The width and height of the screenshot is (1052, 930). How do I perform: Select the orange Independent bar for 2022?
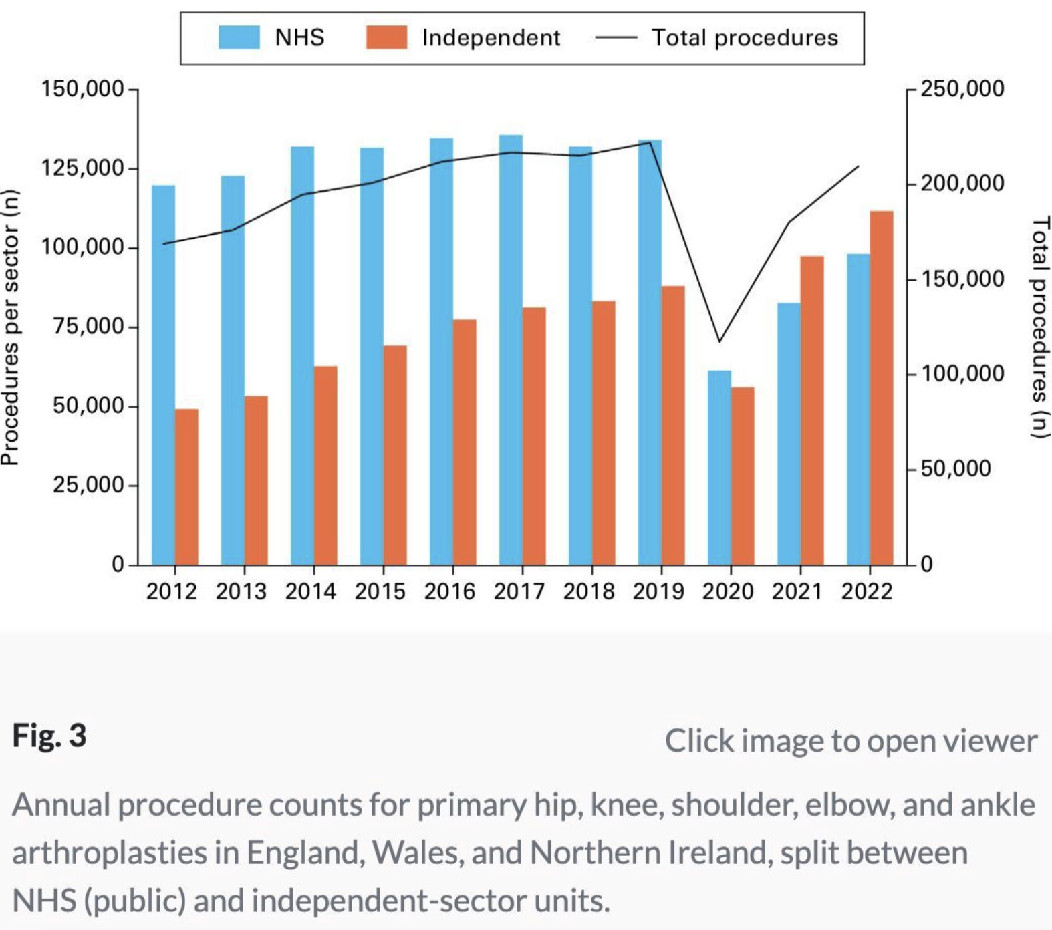point(882,387)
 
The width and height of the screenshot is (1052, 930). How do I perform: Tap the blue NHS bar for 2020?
point(719,468)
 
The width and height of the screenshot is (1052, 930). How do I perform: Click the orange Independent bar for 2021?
point(812,410)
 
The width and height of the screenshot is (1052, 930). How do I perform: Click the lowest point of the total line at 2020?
point(719,342)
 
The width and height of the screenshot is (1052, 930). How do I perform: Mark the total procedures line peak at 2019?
point(650,142)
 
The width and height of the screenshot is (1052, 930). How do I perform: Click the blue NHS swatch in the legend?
point(239,37)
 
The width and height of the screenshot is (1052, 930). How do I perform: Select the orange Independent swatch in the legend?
point(386,37)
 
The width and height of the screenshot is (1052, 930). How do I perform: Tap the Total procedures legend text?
point(745,37)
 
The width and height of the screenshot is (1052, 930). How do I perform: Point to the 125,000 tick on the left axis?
point(83,168)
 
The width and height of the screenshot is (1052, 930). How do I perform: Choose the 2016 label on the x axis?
point(449,591)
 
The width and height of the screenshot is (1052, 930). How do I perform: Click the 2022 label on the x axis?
point(866,591)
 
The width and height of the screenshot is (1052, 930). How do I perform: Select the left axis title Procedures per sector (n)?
point(9,327)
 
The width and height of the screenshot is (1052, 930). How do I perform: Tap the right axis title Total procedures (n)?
point(1040,327)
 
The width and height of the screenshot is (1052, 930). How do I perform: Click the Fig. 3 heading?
point(49,736)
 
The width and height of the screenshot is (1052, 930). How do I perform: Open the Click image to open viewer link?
point(850,740)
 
